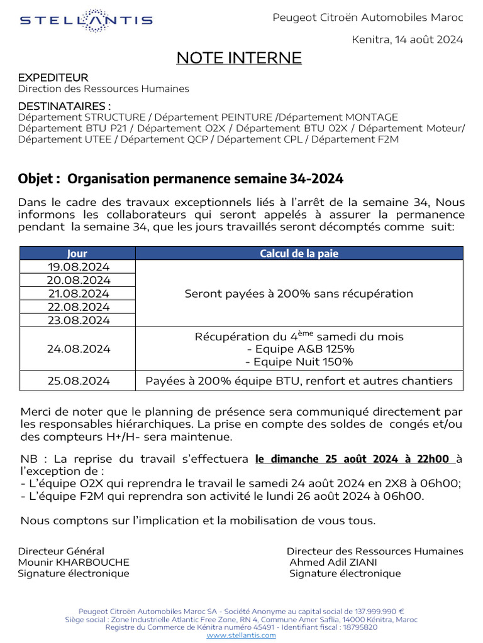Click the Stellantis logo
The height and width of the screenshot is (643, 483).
(x=86, y=20)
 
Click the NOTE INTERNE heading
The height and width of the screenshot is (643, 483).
(x=238, y=58)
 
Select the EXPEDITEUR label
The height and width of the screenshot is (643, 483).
(x=53, y=78)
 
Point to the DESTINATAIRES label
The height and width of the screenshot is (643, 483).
(x=64, y=105)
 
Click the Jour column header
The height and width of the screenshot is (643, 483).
(x=77, y=254)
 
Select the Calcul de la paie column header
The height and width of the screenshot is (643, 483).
(x=299, y=254)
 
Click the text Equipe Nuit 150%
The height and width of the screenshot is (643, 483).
(x=299, y=362)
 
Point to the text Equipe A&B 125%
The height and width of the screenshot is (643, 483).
(x=300, y=349)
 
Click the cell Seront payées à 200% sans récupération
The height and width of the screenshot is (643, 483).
(x=299, y=294)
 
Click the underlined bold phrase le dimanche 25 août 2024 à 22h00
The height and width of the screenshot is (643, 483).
(x=355, y=459)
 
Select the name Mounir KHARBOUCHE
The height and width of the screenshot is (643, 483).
(x=74, y=562)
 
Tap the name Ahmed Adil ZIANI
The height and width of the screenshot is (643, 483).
(x=333, y=562)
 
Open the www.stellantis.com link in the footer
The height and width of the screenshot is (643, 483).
(x=241, y=635)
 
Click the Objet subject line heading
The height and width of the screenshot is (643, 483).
(x=181, y=179)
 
